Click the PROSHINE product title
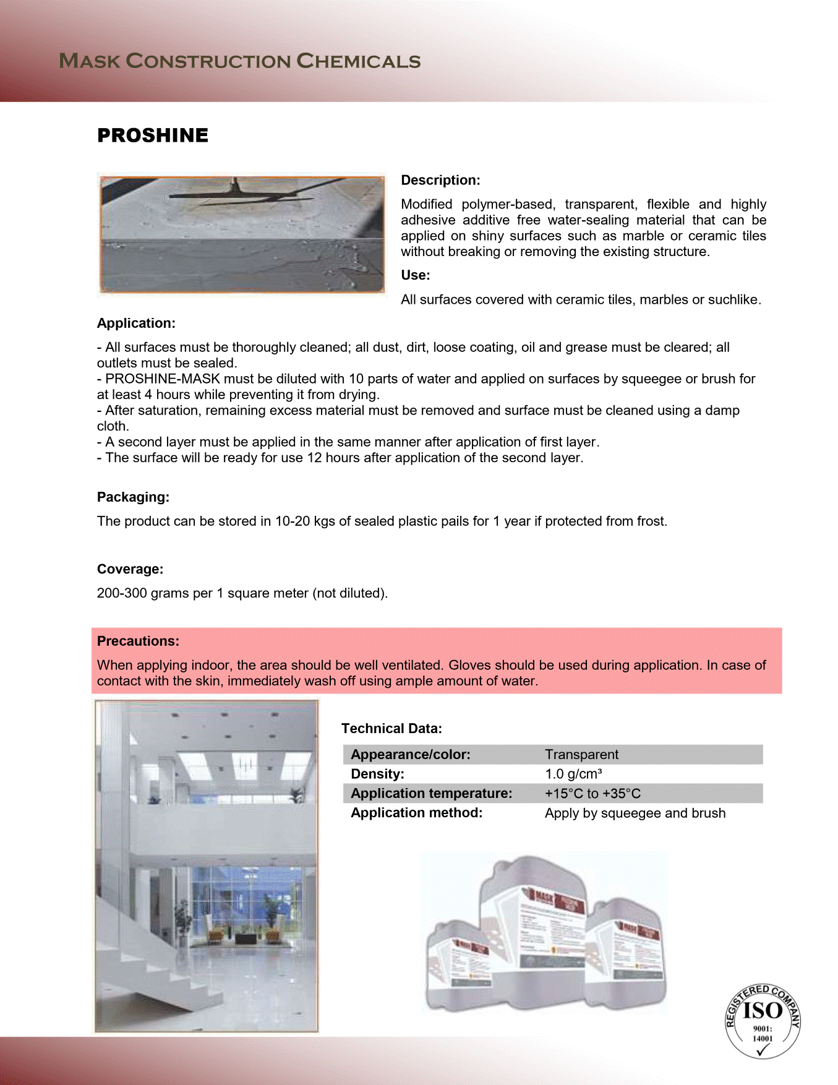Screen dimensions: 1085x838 tap(153, 135)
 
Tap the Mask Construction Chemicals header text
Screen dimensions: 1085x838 tap(240, 61)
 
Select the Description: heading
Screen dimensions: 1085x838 tap(440, 180)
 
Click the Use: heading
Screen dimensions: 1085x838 tap(415, 275)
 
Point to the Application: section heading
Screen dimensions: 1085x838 tap(136, 323)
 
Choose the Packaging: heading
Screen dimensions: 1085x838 tap(133, 497)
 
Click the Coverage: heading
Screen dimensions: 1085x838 tap(130, 569)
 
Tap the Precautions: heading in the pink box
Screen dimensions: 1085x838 tap(138, 641)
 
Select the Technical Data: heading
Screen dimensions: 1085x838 tap(391, 729)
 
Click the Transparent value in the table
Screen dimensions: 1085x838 tap(581, 755)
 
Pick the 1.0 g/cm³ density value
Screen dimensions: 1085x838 tap(573, 774)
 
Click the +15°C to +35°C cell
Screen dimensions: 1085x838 tap(592, 794)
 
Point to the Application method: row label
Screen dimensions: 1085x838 tap(416, 813)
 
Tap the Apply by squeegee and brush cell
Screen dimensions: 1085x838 tap(635, 813)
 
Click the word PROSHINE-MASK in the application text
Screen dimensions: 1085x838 tap(163, 379)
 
